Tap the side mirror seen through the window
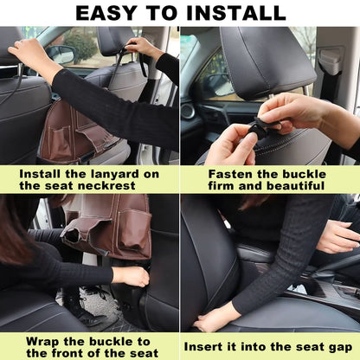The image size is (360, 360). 62,54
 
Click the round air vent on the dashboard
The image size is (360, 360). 188,112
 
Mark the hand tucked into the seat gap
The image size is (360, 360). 213,318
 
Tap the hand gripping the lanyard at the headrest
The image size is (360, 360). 139,47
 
